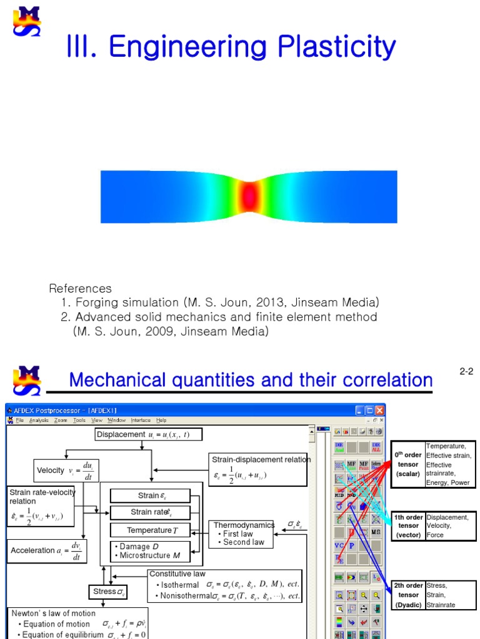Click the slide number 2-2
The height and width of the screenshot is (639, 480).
coord(466,372)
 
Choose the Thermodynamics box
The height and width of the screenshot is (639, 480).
coord(241,534)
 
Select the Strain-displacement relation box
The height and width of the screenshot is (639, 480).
coord(259,469)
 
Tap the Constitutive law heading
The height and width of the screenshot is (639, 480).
coord(177,573)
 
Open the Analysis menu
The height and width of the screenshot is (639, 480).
coord(39,421)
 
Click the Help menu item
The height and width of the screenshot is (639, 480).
coord(161,421)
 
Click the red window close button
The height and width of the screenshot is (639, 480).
coord(379,411)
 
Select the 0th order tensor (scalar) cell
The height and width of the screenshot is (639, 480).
coord(407,464)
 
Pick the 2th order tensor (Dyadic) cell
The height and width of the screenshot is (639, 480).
coord(407,595)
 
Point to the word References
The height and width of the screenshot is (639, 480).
coord(80,289)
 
